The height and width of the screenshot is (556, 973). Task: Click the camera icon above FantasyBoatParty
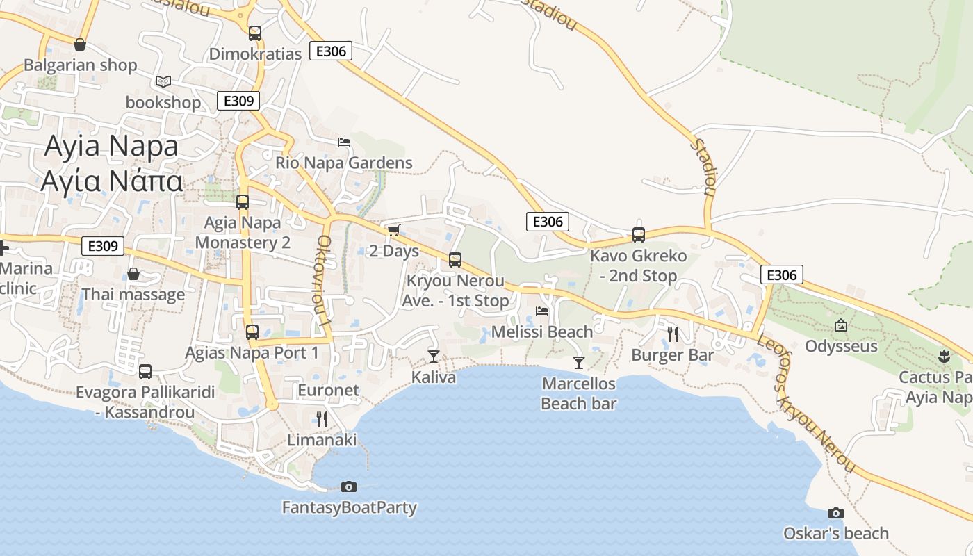click(x=349, y=486)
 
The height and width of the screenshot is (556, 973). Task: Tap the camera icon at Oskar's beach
click(x=835, y=514)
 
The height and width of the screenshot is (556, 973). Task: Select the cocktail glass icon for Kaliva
click(x=434, y=357)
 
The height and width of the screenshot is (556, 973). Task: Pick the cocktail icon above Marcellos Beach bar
click(x=578, y=362)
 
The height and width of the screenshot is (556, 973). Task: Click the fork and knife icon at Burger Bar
click(x=672, y=334)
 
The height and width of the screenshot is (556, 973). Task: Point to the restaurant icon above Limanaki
click(x=321, y=418)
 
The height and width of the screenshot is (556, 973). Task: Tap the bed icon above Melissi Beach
click(x=542, y=311)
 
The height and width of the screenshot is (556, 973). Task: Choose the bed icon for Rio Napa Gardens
click(x=343, y=142)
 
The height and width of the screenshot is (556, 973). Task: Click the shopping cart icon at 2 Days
click(x=394, y=230)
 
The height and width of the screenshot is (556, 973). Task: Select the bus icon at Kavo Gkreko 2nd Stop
click(x=638, y=234)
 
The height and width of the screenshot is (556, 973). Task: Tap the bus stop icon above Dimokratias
click(x=254, y=33)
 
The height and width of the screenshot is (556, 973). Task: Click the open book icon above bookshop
click(x=163, y=82)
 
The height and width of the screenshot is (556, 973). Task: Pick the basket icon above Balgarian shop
click(x=80, y=44)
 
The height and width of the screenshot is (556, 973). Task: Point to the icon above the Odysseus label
click(x=841, y=325)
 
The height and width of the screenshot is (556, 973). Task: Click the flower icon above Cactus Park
click(x=943, y=357)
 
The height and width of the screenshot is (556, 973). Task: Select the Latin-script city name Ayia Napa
click(x=111, y=146)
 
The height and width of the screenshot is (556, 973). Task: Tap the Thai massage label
click(x=133, y=294)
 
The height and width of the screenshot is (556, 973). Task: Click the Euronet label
click(x=328, y=390)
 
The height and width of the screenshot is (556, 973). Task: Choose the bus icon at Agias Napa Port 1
click(x=252, y=332)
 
